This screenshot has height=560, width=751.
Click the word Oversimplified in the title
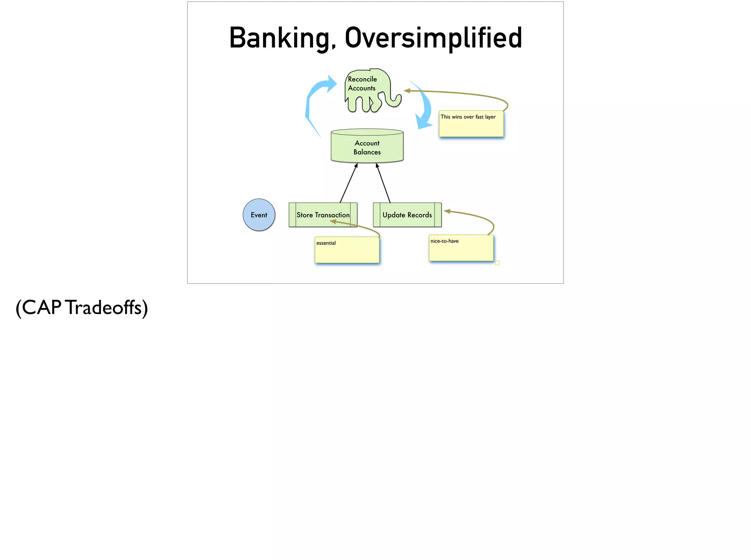(x=433, y=38)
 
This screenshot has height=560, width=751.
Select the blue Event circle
(x=259, y=215)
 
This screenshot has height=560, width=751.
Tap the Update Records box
(x=407, y=215)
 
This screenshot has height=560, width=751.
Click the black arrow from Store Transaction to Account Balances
(x=348, y=183)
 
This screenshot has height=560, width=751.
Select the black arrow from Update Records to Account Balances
(x=384, y=183)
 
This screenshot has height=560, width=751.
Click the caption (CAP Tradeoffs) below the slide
(x=82, y=307)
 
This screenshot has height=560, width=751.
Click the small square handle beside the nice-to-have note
(x=497, y=263)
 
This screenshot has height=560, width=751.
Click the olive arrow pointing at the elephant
(x=458, y=93)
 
